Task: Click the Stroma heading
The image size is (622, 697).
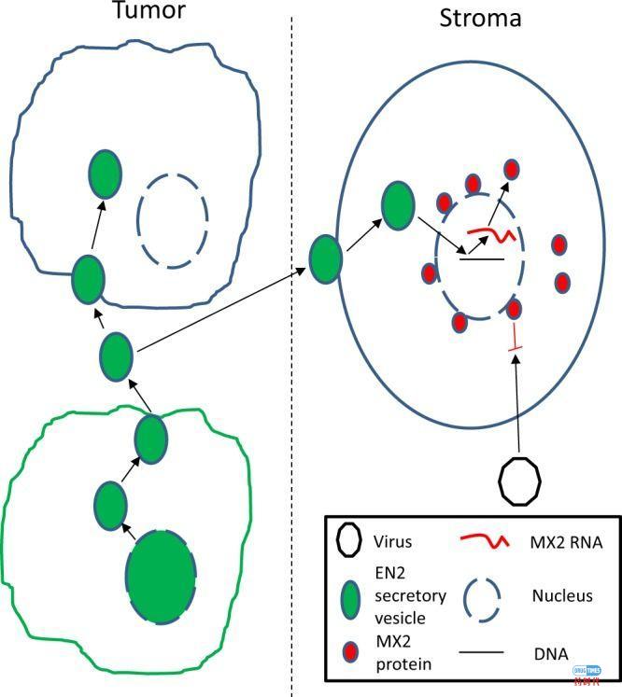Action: [480, 18]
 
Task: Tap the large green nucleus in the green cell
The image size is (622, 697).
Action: [162, 577]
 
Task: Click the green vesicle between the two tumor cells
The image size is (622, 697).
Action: [117, 355]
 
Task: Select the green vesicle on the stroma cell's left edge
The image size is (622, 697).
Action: [325, 258]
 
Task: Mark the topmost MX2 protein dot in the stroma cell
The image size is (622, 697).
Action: [512, 170]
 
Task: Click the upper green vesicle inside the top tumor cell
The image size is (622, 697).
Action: [106, 174]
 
